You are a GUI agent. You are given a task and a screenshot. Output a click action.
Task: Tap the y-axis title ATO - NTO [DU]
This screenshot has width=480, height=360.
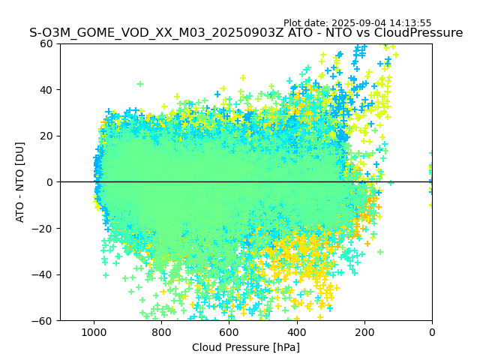pos(21,182)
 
